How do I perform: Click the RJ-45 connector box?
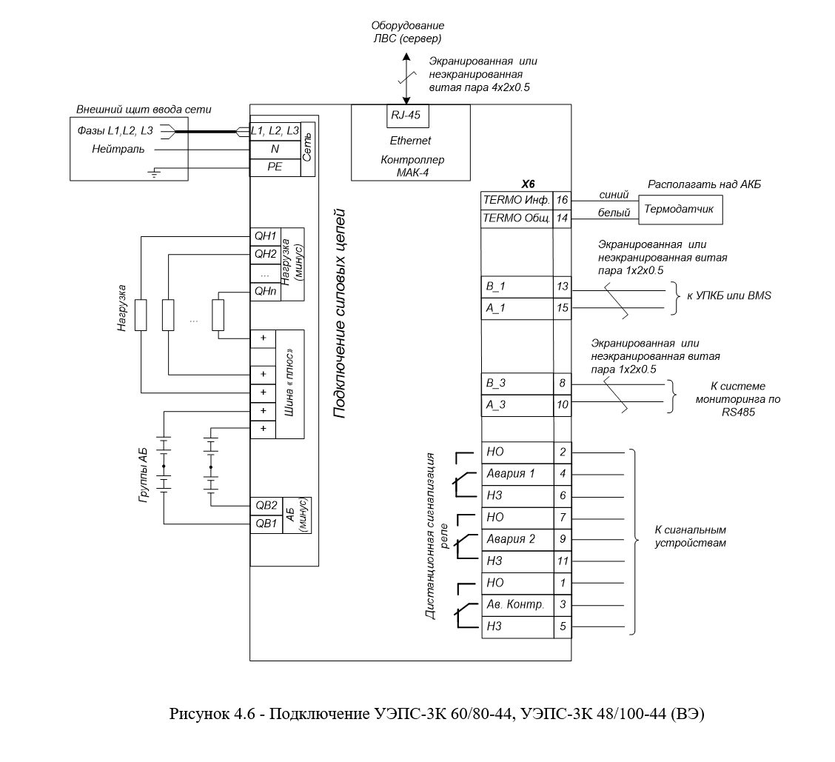[x=407, y=116]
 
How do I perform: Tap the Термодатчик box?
[x=680, y=209]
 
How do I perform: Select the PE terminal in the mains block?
[x=275, y=167]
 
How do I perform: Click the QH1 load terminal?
[x=265, y=236]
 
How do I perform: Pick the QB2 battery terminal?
[x=266, y=506]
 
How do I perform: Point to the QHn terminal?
[x=265, y=292]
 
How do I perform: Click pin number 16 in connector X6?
[x=562, y=201]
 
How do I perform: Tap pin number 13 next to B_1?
[x=563, y=287]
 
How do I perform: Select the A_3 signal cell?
[x=517, y=405]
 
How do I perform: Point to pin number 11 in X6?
[x=563, y=561]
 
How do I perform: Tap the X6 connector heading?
[x=527, y=184]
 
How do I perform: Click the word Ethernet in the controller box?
[x=410, y=141]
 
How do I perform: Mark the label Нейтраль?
[x=118, y=149]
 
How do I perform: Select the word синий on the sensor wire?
[x=614, y=195]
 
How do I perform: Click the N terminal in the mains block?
[x=275, y=149]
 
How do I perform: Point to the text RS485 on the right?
[x=738, y=412]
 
